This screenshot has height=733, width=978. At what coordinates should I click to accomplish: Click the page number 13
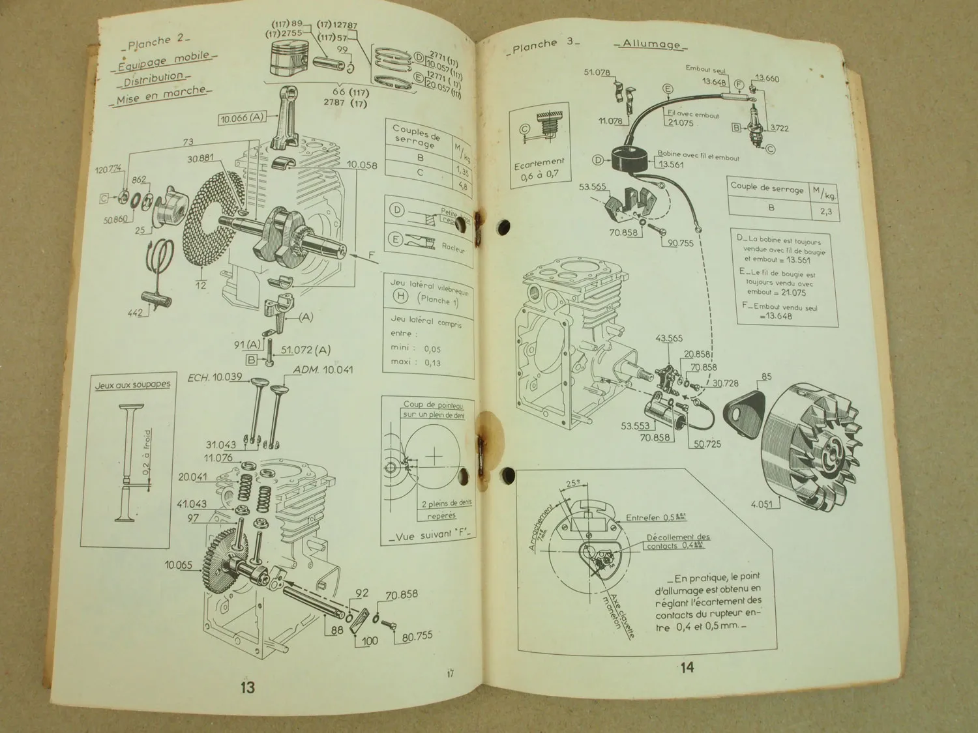[x=248, y=687]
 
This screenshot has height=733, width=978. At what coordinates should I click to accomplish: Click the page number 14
[x=687, y=667]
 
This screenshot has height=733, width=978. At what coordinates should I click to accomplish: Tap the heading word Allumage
[x=650, y=44]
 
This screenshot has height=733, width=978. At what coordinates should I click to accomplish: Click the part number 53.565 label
[x=592, y=187]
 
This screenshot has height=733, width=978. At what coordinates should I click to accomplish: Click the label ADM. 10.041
[x=323, y=370]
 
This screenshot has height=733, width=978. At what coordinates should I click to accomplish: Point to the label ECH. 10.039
[x=215, y=377]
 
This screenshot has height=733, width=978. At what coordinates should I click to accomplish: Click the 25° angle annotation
[x=572, y=484]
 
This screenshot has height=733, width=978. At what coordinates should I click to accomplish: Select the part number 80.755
[x=417, y=636]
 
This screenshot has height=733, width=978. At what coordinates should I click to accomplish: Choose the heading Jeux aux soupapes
[x=132, y=385]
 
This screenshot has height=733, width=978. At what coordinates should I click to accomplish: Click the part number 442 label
[x=135, y=313]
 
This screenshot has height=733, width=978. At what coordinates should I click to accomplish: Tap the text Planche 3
[x=542, y=45]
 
